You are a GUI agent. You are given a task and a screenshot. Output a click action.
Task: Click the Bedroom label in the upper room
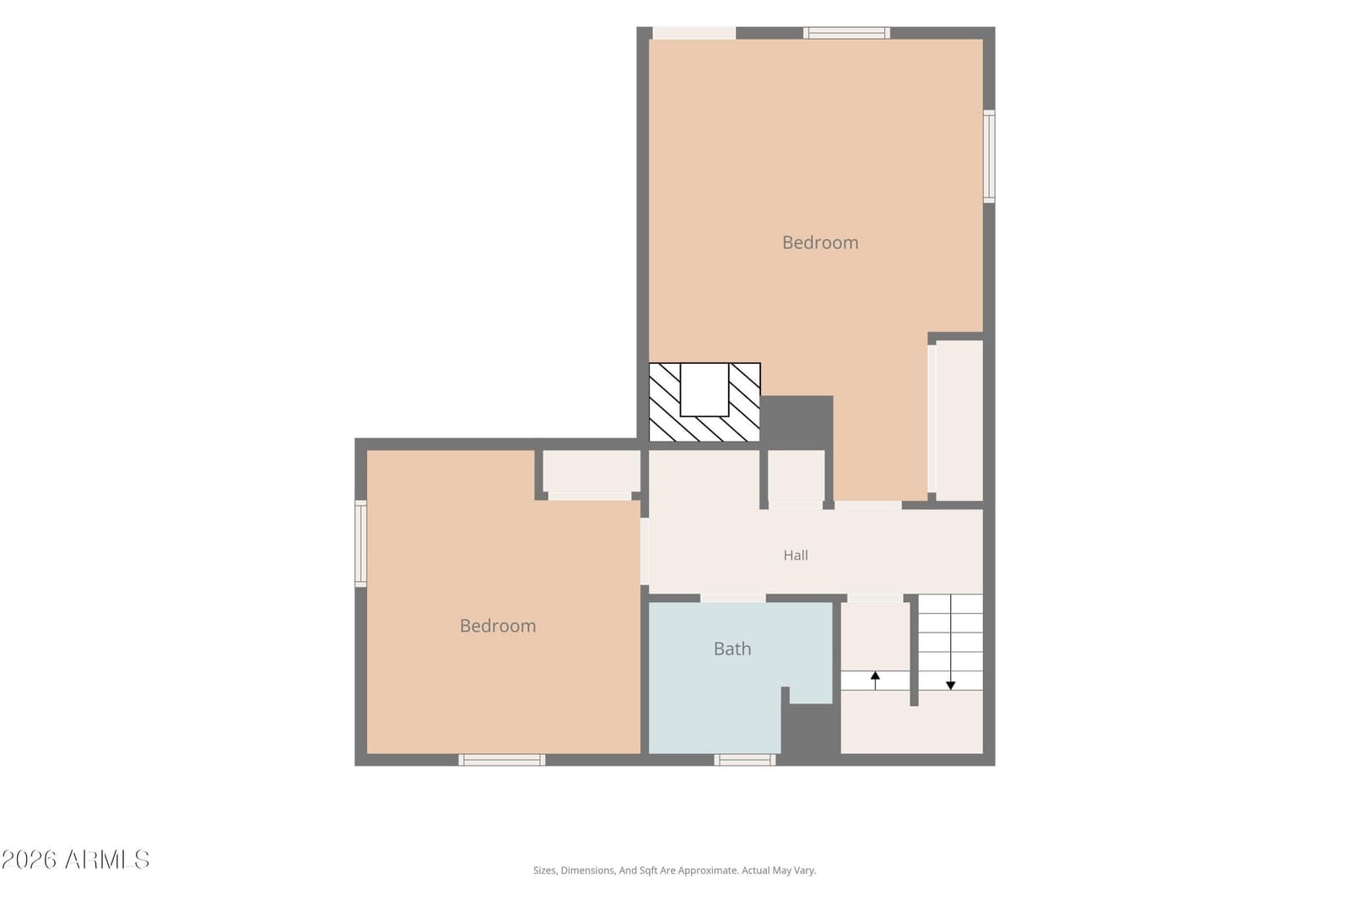[x=820, y=242]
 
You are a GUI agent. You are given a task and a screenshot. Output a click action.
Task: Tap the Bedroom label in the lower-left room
[x=498, y=626]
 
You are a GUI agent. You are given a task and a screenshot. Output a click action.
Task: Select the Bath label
[x=732, y=649]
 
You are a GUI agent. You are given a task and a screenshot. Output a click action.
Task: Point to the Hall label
[x=796, y=556]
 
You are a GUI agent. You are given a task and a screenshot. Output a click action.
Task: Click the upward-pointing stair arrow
[x=875, y=681]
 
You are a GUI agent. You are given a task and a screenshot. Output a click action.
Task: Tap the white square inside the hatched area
[x=705, y=389]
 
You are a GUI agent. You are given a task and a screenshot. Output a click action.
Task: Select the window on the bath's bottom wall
[x=745, y=760]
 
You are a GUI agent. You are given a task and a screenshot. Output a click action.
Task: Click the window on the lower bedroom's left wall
[x=360, y=543]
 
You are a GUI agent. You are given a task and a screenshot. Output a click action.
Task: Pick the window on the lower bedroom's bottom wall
[x=501, y=760]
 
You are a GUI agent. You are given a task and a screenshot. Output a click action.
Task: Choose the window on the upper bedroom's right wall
[x=989, y=156]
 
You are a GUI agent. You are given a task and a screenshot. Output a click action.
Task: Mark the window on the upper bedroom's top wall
[x=846, y=33]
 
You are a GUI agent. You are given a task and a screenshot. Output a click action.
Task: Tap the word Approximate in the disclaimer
[x=709, y=871]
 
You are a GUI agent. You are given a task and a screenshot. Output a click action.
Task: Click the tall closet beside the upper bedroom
[x=958, y=421]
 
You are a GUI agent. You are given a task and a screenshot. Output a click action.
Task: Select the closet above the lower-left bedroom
[x=591, y=471]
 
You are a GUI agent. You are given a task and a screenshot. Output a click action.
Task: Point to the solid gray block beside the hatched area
[x=796, y=420]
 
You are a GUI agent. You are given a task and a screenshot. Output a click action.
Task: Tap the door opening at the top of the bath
[x=733, y=598]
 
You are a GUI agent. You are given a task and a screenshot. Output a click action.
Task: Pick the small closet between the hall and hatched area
[x=796, y=475]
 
